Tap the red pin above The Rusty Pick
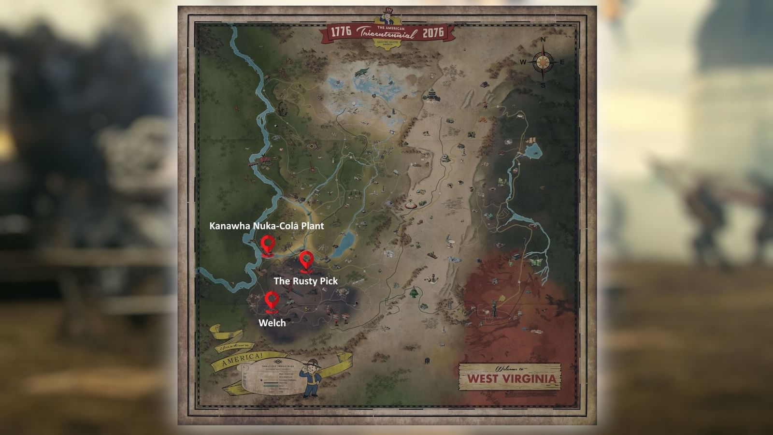[306, 260]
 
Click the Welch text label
[272, 323]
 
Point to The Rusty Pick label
[305, 281]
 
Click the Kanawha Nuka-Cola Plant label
[266, 226]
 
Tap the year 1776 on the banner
[341, 32]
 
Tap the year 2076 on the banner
[433, 33]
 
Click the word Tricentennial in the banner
[386, 33]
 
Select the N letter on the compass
[543, 40]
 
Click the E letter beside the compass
[562, 62]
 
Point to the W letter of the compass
[523, 62]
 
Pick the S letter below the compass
[543, 86]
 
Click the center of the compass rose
[543, 62]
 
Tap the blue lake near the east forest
[532, 152]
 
